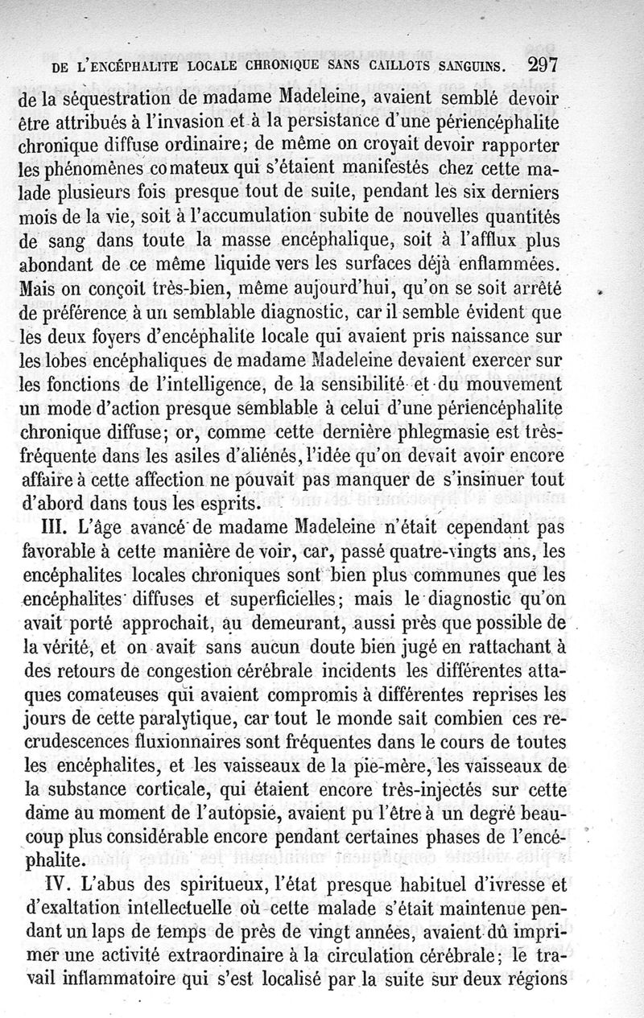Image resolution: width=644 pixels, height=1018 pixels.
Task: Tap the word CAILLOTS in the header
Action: pos(392,66)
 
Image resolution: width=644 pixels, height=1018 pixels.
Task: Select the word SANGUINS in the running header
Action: pos(466,66)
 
